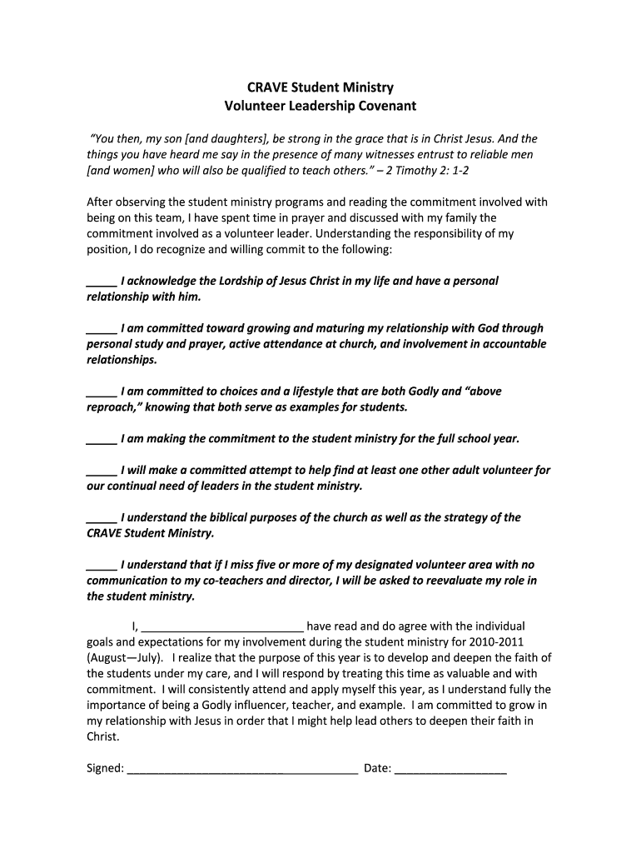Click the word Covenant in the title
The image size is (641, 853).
357,106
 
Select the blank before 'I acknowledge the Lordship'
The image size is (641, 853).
102,282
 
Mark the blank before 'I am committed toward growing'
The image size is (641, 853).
102,328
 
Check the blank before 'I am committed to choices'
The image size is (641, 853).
102,392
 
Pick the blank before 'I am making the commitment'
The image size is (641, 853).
102,438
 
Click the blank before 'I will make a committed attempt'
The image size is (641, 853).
102,470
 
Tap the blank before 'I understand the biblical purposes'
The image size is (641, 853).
102,517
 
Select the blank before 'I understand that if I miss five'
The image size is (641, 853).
102,565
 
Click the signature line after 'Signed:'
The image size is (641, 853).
242,768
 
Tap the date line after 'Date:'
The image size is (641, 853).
450,768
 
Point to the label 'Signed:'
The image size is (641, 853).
106,768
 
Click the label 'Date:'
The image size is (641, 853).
377,768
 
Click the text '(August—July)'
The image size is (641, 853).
125,658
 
